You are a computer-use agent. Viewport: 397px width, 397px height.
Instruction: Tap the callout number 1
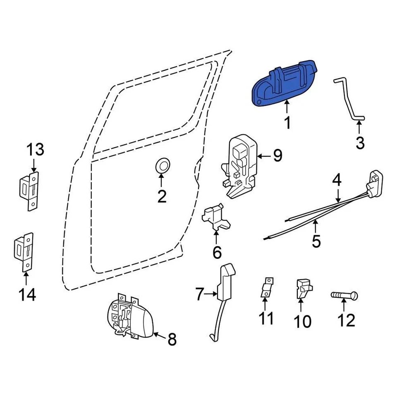[287, 122]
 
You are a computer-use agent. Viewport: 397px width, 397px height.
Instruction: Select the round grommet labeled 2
[162, 165]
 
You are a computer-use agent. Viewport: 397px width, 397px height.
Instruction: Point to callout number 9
[277, 156]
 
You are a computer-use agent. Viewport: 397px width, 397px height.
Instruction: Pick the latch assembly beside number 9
[240, 165]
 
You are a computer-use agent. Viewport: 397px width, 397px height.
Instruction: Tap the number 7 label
[199, 295]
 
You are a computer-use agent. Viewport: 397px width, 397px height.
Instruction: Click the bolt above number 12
[344, 296]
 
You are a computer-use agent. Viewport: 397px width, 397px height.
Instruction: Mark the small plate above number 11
[267, 287]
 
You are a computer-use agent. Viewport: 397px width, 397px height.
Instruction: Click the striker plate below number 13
[30, 190]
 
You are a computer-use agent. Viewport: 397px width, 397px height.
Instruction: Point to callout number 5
[316, 241]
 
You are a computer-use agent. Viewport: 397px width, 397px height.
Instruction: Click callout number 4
[337, 180]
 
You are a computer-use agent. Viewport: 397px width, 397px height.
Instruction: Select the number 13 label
[35, 150]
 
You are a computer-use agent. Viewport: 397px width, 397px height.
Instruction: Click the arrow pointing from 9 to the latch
[263, 156]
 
